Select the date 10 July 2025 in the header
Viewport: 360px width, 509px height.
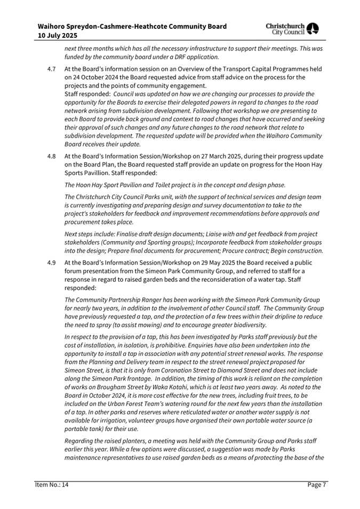pyautogui.click(x=57, y=36)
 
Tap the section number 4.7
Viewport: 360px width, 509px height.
pyautogui.click(x=51, y=69)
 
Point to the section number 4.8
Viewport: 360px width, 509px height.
pyautogui.click(x=51, y=156)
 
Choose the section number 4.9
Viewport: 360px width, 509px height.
pyautogui.click(x=51, y=263)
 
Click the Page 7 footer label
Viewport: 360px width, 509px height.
pyautogui.click(x=317, y=484)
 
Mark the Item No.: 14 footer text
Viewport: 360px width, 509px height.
pyautogui.click(x=52, y=484)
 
